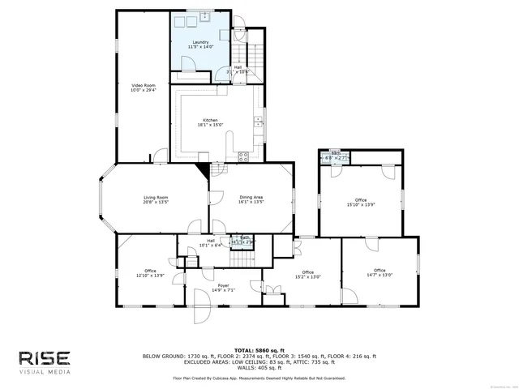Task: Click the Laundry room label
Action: [x=200, y=45]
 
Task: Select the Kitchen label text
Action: [x=210, y=122]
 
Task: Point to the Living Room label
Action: [x=156, y=199]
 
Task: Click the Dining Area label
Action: [x=251, y=199]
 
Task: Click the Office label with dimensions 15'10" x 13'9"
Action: [x=360, y=203]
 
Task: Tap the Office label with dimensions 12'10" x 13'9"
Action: [x=150, y=273]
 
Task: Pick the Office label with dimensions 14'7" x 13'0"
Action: [x=379, y=272]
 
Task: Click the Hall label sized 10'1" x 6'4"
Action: [x=210, y=242]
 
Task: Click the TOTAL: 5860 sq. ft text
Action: [x=259, y=349]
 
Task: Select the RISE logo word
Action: [x=45, y=357]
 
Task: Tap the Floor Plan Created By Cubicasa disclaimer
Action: [x=259, y=378]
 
